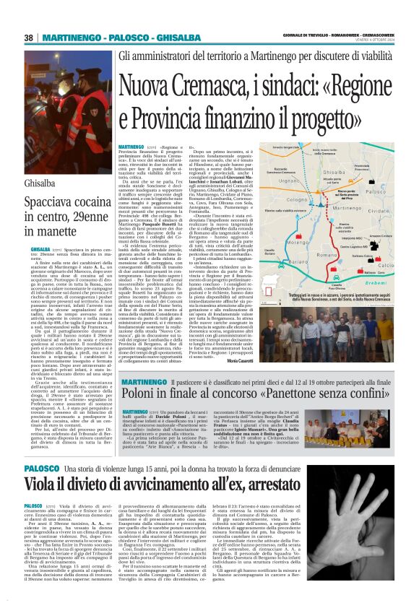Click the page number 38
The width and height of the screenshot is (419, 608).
point(29,38)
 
